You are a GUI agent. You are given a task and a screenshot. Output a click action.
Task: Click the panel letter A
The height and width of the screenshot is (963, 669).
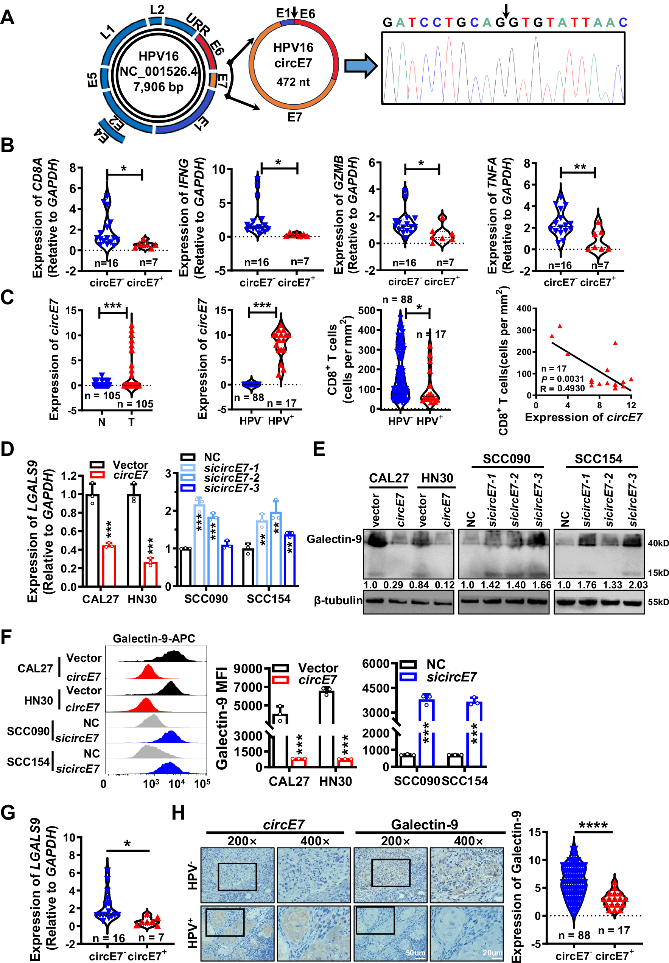click(8, 18)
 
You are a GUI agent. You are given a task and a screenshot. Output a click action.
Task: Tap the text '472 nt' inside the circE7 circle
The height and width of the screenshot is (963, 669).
click(292, 82)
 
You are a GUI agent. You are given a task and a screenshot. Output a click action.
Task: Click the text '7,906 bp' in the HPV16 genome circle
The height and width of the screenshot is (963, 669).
click(158, 87)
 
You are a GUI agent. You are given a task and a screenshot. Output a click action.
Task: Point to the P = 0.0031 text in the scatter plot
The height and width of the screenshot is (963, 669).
click(562, 379)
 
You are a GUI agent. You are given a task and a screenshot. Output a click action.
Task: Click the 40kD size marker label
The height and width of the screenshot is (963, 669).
click(658, 543)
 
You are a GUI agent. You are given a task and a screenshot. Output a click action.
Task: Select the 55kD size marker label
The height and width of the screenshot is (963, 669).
click(658, 602)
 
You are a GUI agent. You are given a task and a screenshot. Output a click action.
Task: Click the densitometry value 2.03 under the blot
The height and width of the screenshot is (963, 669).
click(637, 585)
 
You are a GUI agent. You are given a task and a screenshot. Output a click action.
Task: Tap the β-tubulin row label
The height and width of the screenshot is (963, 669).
click(338, 601)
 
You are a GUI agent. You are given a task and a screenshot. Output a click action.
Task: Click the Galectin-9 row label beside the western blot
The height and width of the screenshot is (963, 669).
click(334, 539)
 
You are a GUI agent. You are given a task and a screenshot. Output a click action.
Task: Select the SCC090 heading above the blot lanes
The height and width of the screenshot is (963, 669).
click(506, 459)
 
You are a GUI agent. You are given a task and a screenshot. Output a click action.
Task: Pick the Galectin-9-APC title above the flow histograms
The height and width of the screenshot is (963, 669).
click(154, 638)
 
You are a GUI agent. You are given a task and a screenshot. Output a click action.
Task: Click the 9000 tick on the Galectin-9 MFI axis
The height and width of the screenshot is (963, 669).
click(247, 669)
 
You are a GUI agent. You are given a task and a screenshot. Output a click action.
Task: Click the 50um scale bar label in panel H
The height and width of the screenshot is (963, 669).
click(415, 953)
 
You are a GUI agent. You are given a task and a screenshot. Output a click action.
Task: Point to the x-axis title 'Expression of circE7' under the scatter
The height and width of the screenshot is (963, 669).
click(583, 417)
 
